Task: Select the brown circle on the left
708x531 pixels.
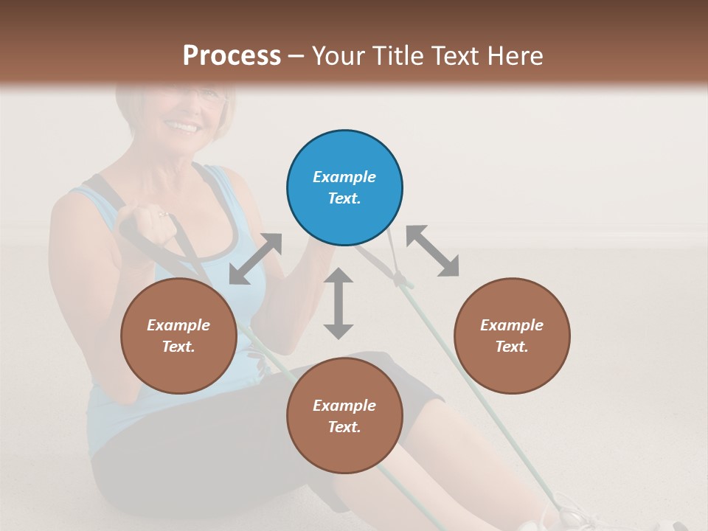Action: [178, 336]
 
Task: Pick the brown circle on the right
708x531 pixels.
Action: [512, 336]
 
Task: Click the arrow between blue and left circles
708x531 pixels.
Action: [255, 259]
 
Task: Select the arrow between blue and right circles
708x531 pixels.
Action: [433, 251]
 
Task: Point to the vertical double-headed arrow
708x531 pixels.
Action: [339, 303]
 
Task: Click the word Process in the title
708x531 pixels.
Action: [232, 55]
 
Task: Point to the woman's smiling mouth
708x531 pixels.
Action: [184, 128]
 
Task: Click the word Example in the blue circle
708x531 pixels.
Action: [344, 177]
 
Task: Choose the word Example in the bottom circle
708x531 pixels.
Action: [344, 406]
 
